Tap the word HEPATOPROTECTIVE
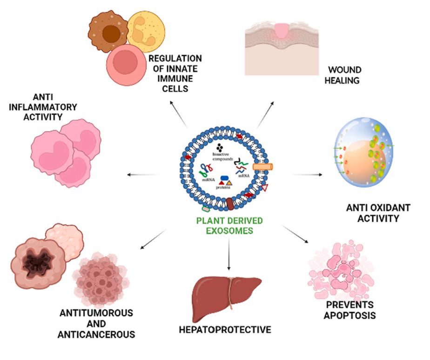click(x=225, y=330)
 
